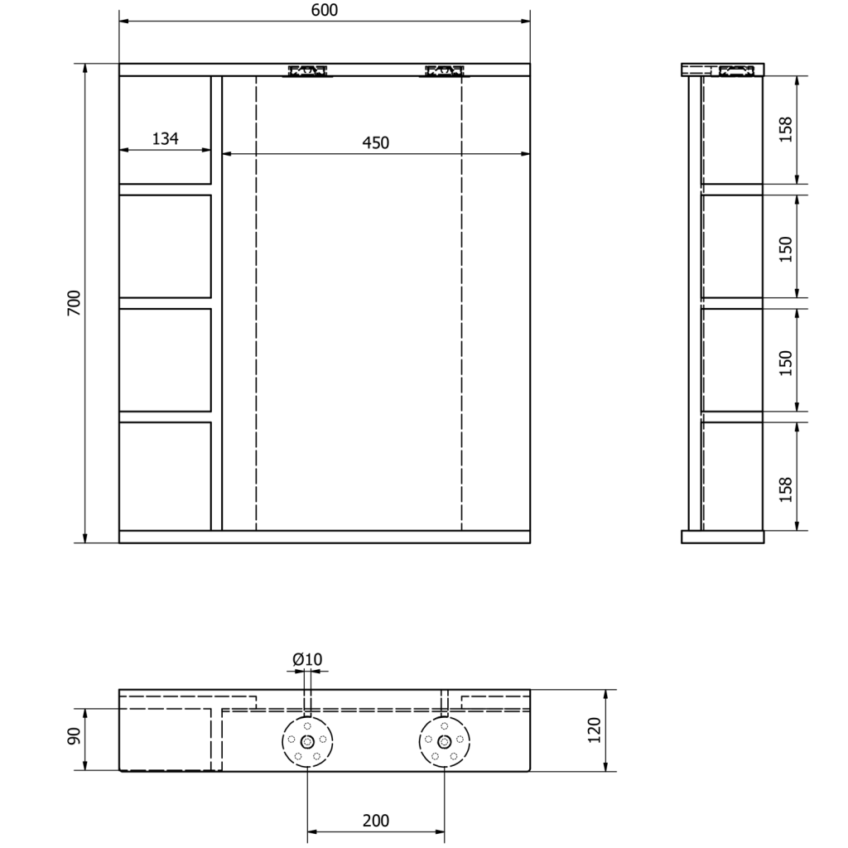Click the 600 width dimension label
pos(325,10)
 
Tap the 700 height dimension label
pos(74,303)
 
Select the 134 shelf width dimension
pos(165,138)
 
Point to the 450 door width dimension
pos(375,142)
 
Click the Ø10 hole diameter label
pos(307,659)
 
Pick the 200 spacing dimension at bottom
pos(375,821)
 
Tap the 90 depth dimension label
pos(74,735)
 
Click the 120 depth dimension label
pos(594,730)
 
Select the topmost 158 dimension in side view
pos(785,129)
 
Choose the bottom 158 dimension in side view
pos(785,489)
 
